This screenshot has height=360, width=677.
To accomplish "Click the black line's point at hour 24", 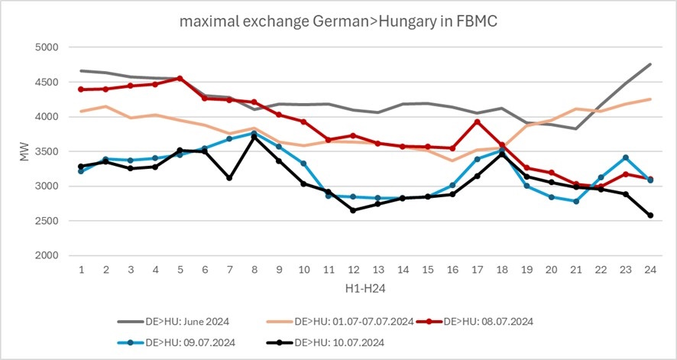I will click(x=650, y=216).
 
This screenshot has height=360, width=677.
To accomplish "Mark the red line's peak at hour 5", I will click(x=180, y=78).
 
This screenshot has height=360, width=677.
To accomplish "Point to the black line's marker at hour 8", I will click(x=254, y=137).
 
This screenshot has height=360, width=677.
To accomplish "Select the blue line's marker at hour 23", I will click(x=626, y=157).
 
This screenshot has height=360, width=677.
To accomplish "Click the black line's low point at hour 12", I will click(x=353, y=210).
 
